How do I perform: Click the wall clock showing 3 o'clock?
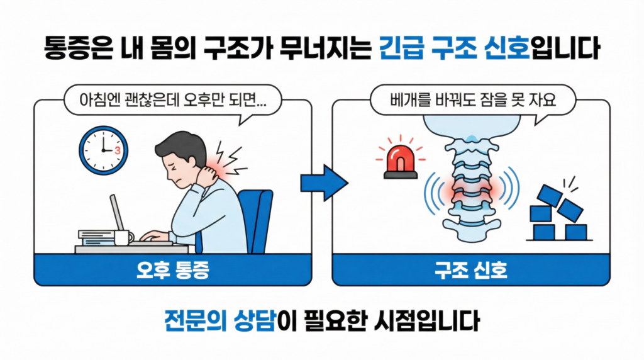point(103,150)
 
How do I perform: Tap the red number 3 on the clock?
point(118,151)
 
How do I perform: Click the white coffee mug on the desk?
point(123,237)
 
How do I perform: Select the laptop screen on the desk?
point(117,213)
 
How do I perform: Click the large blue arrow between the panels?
point(323,183)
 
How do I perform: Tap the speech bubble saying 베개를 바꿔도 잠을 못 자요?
point(470,100)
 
